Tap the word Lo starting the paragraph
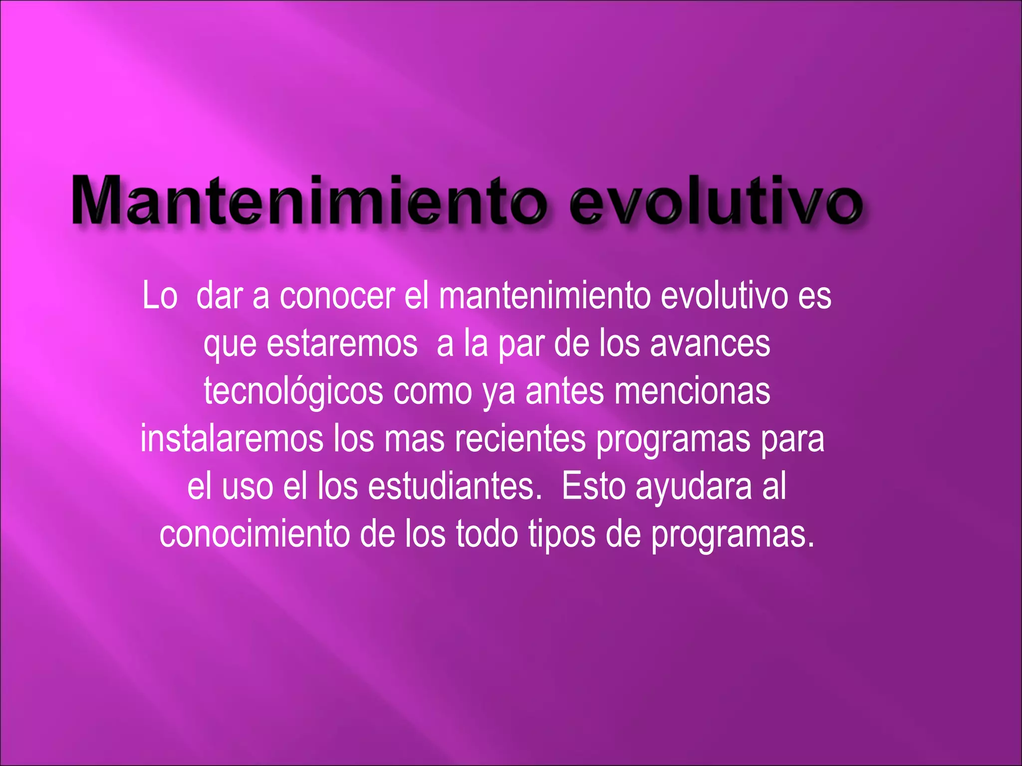[x=160, y=296]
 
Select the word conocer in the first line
[x=337, y=296]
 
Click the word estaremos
[x=342, y=344]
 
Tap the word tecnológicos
[x=293, y=392]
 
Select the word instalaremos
[x=232, y=439]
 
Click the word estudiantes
[x=455, y=487]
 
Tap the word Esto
[x=593, y=487]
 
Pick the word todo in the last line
[x=487, y=534]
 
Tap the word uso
[x=248, y=487]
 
